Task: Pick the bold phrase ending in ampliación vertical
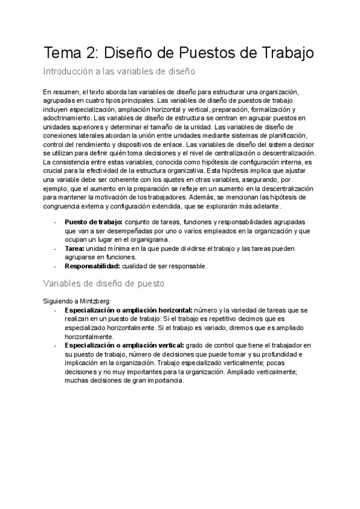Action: coord(118,345)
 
